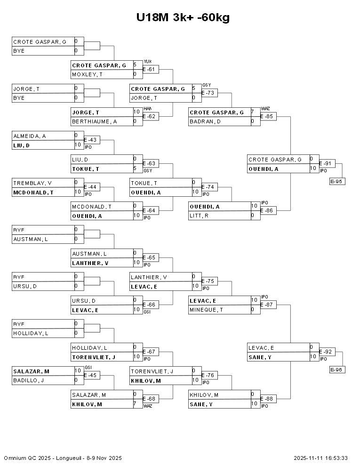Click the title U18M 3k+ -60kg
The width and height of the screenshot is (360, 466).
(x=183, y=17)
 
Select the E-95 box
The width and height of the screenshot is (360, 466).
(x=337, y=181)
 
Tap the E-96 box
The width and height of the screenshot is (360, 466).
(x=337, y=370)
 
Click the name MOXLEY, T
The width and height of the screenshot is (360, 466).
(x=88, y=74)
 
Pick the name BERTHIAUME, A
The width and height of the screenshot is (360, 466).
(x=95, y=121)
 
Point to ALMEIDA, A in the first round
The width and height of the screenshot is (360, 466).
(x=30, y=136)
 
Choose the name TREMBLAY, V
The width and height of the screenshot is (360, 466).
(x=32, y=183)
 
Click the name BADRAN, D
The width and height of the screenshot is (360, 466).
(x=205, y=121)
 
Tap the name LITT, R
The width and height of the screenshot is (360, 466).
(x=199, y=216)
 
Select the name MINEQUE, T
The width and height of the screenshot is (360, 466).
(x=207, y=310)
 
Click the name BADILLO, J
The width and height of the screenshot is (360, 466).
(x=29, y=380)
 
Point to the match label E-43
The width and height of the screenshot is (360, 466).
(x=90, y=140)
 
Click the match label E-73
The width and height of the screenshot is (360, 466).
(x=208, y=93)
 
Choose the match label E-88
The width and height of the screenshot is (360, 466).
(x=267, y=399)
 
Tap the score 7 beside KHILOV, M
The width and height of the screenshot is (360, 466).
(x=135, y=403)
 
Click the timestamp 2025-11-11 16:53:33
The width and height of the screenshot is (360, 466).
(x=320, y=458)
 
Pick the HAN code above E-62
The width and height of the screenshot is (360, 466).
(x=148, y=108)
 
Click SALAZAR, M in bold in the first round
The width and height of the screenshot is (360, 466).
(x=31, y=371)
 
